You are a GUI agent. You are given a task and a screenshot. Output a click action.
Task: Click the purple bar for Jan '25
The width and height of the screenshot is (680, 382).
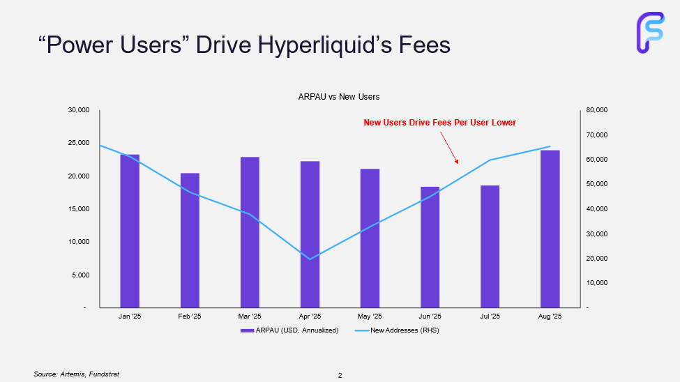[x=130, y=231]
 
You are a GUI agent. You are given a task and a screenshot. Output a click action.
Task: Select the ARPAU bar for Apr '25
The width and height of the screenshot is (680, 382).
[x=310, y=234]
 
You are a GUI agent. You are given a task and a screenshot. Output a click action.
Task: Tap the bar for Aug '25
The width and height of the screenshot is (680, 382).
[x=550, y=229]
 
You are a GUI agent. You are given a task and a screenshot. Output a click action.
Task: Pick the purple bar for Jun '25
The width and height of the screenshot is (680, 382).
[x=430, y=247]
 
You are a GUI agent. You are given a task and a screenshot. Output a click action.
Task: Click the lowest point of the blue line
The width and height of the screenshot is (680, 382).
[x=310, y=259]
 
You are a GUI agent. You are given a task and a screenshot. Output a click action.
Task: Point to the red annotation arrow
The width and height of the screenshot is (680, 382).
[x=448, y=148]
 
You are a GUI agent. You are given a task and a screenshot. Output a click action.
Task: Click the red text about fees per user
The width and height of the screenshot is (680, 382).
[x=439, y=123]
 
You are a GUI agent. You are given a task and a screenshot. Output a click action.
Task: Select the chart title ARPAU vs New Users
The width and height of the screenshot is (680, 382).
[x=339, y=97]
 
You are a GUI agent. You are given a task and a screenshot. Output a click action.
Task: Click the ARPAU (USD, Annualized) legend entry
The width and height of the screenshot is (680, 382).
[x=289, y=330]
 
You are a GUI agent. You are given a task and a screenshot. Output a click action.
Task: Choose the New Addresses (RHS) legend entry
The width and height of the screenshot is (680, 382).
[x=398, y=330]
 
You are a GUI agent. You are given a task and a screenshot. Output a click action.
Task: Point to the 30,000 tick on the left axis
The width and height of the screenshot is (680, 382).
[x=79, y=110]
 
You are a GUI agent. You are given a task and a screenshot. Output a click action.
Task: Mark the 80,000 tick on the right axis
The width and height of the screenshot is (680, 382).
[x=598, y=110]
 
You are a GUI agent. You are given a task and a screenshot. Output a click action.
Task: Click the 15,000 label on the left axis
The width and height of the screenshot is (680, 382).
[x=79, y=209]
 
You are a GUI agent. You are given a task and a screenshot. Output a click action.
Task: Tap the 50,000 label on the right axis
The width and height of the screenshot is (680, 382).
[x=598, y=184]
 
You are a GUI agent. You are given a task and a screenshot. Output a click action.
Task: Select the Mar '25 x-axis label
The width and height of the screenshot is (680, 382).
[x=250, y=316]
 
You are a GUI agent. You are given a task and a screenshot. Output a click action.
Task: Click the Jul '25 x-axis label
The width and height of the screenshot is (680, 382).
[x=490, y=316]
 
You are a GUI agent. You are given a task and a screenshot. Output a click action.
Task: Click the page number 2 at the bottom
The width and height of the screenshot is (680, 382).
[x=340, y=376]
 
